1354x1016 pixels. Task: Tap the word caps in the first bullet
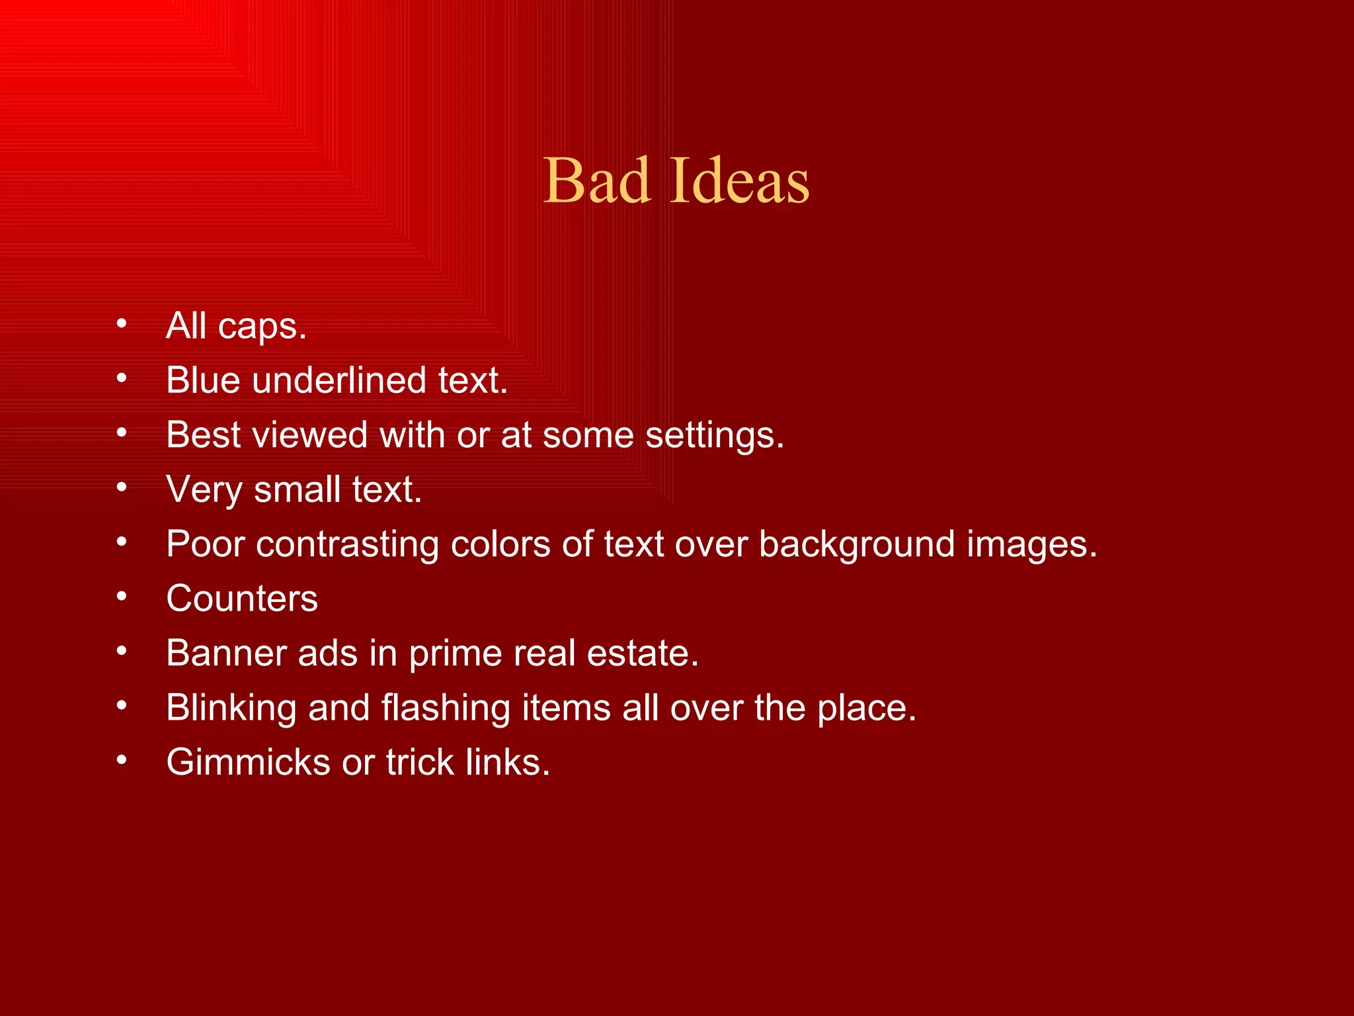click(262, 326)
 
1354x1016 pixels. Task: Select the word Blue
click(203, 380)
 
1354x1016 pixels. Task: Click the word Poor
click(205, 544)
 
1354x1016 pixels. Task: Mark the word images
click(1031, 545)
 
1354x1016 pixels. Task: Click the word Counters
click(242, 599)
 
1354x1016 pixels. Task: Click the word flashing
click(446, 708)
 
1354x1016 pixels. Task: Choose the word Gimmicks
click(248, 762)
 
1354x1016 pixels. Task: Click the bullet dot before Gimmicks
click(121, 761)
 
